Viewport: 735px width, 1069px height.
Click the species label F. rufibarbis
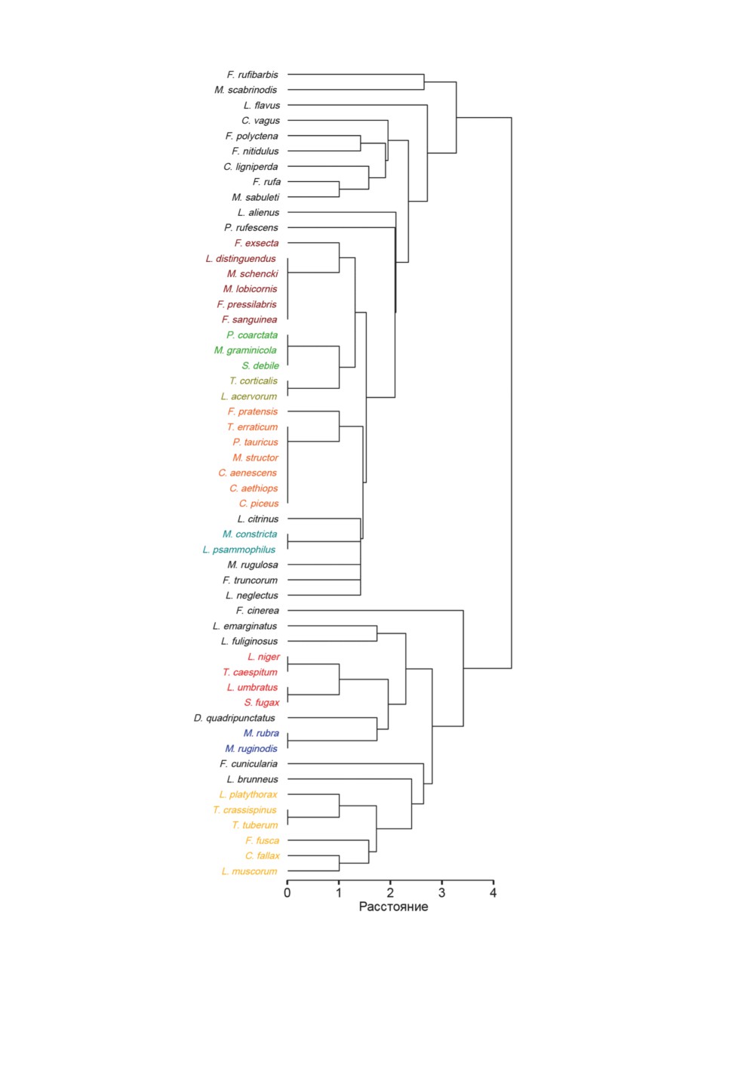(x=252, y=75)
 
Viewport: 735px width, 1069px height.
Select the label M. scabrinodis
(x=246, y=90)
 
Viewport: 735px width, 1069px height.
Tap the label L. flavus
(x=261, y=105)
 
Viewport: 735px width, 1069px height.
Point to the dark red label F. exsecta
(x=256, y=243)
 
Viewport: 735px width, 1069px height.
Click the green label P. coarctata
(x=252, y=335)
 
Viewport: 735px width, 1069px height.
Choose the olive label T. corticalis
(x=254, y=380)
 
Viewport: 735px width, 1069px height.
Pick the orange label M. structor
(x=255, y=457)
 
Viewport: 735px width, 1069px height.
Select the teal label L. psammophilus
(x=239, y=550)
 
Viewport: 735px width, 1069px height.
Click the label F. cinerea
(x=257, y=611)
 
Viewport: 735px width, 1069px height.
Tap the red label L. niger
(x=264, y=657)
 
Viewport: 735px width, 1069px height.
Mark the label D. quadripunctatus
(x=234, y=718)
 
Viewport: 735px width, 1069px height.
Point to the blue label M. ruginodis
(x=251, y=748)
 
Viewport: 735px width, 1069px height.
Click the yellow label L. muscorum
(x=249, y=871)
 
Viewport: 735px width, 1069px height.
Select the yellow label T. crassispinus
(x=244, y=810)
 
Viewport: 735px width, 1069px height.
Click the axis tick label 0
(x=287, y=893)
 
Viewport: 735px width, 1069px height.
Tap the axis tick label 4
(x=494, y=893)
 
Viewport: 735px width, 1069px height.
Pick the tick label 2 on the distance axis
(x=390, y=893)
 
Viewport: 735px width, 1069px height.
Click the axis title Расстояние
(x=393, y=907)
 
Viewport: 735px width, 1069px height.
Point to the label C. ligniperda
(x=251, y=167)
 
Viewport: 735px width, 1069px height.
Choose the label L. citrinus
(x=257, y=519)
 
